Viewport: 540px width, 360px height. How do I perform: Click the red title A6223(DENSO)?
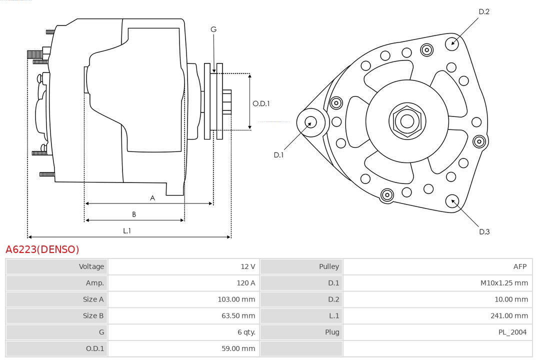coord(42,249)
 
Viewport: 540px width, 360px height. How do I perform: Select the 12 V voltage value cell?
coord(247,266)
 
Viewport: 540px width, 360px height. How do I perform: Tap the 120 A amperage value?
coord(245,283)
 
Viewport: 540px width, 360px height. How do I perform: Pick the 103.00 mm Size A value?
coord(238,299)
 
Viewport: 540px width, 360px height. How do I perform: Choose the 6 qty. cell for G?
coord(246,332)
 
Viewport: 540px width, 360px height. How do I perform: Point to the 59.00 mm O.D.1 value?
coord(238,348)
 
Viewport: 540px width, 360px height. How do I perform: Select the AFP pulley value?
coord(519,266)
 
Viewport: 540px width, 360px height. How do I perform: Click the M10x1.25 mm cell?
coord(504,283)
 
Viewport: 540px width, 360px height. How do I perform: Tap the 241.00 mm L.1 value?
coord(509,316)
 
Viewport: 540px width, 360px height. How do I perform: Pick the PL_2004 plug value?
coord(512,332)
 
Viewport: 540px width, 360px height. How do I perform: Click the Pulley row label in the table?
coord(328,266)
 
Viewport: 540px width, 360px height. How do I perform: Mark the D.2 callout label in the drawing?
coord(483,11)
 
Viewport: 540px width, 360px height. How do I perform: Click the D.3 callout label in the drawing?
coord(484,231)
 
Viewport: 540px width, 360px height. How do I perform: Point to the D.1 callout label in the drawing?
coord(278,155)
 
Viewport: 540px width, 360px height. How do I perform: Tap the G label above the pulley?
coord(213,29)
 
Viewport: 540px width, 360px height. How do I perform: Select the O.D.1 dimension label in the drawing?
coord(261,103)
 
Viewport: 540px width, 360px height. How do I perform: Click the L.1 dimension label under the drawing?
coord(127,230)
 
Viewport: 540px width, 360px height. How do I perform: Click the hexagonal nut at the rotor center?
coord(407,121)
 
